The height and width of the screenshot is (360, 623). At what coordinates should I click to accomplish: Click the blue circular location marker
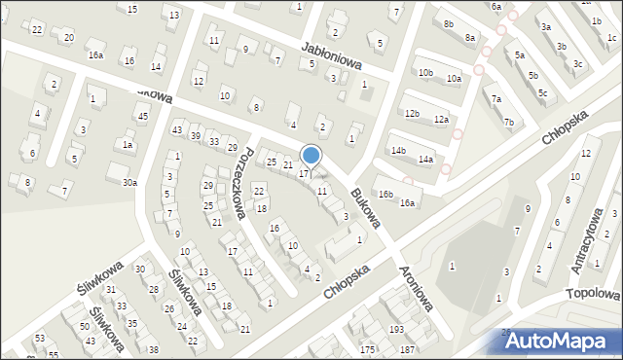pyautogui.click(x=311, y=156)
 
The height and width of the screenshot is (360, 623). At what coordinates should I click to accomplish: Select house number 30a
pyautogui.click(x=129, y=182)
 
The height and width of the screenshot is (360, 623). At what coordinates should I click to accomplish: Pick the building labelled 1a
pyautogui.click(x=127, y=144)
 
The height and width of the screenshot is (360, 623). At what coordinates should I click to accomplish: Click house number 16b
pyautogui.click(x=385, y=195)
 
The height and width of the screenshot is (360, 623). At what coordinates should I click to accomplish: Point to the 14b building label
pyautogui.click(x=398, y=151)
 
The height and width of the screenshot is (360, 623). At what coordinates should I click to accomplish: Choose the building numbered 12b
pyautogui.click(x=412, y=114)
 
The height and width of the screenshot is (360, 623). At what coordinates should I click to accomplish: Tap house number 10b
pyautogui.click(x=425, y=73)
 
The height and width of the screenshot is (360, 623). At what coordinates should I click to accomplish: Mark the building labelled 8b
pyautogui.click(x=448, y=23)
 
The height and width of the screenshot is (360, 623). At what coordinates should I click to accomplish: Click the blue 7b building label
pyautogui.click(x=508, y=123)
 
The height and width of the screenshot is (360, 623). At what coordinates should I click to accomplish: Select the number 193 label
pyautogui.click(x=396, y=330)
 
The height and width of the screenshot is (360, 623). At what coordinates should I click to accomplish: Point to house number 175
pyautogui.click(x=367, y=348)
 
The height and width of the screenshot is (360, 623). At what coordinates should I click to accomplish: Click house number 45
pyautogui.click(x=142, y=117)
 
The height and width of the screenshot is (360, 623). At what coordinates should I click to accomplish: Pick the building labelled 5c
pyautogui.click(x=542, y=93)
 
